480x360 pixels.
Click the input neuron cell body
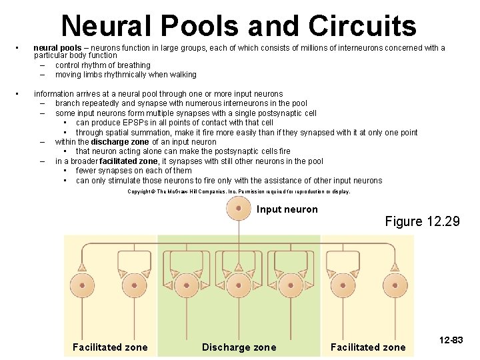pos(239,209)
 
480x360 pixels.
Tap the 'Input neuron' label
pos(287,209)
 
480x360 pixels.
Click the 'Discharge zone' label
pos(239,347)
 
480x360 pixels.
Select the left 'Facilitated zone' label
pos(110,347)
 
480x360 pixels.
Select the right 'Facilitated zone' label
pos(367,347)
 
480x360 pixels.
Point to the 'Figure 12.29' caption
pos(422,221)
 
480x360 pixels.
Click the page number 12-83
pos(451,341)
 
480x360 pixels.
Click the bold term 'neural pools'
pos(57,48)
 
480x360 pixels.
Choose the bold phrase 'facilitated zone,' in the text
pos(129,161)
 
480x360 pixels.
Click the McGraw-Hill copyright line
pos(239,191)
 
